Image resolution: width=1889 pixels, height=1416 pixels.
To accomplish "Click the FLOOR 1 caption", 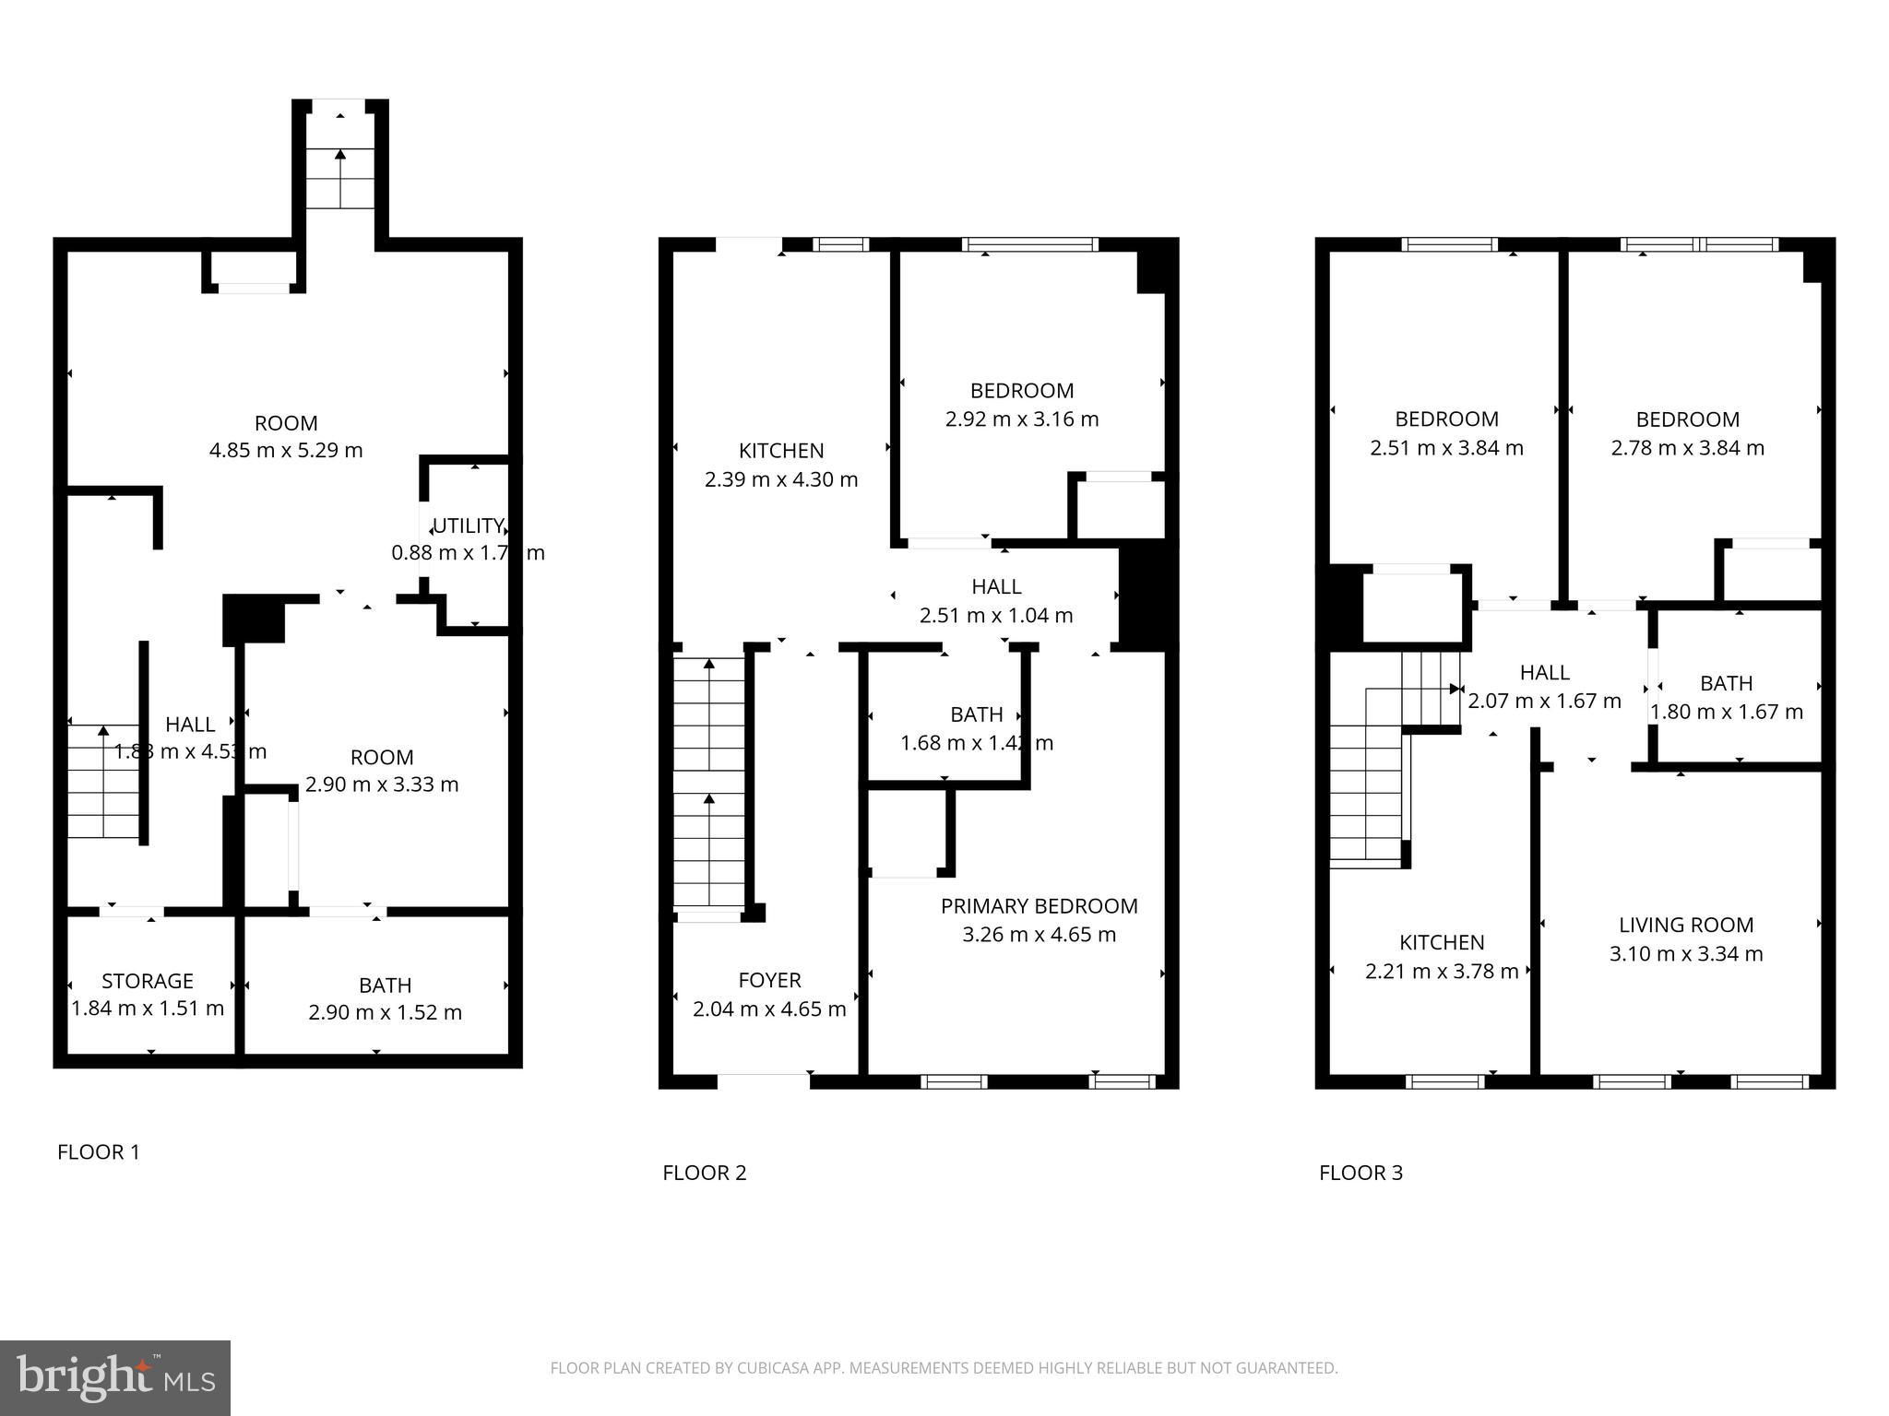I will coord(98,1151).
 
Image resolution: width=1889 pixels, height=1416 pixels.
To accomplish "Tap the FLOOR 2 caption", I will coord(704,1173).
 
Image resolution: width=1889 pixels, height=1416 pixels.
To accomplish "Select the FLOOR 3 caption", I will coord(1360,1173).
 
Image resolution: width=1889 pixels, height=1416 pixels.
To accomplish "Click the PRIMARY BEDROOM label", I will coord(1039,906).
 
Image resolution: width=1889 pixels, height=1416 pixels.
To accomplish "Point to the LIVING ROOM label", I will coord(1686,925).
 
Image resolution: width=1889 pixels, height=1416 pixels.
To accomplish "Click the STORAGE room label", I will coord(148,981).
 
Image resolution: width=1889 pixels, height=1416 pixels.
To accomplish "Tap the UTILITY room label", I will coord(468,525).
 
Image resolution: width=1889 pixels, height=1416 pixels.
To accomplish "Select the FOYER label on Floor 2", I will coord(769,980).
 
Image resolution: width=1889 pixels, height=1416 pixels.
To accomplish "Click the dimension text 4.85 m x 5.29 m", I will coord(286,451).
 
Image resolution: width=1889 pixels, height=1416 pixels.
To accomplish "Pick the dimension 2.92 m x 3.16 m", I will coord(1022,419).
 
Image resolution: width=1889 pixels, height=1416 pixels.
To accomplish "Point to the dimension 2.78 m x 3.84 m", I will coord(1688,448).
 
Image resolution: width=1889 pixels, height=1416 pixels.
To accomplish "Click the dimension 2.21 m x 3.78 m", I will coord(1442,972).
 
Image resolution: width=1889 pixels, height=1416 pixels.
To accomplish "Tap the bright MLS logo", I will coord(115,1377).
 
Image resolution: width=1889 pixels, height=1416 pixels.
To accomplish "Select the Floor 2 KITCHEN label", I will coord(781,451).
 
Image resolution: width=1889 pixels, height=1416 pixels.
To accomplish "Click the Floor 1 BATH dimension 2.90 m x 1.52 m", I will coord(385,1012).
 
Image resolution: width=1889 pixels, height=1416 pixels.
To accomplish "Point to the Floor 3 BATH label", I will coord(1726,683).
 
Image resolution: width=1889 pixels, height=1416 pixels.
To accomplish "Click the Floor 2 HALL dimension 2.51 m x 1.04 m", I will coord(996,615).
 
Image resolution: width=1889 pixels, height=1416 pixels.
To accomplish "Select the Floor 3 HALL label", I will coord(1544,672).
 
